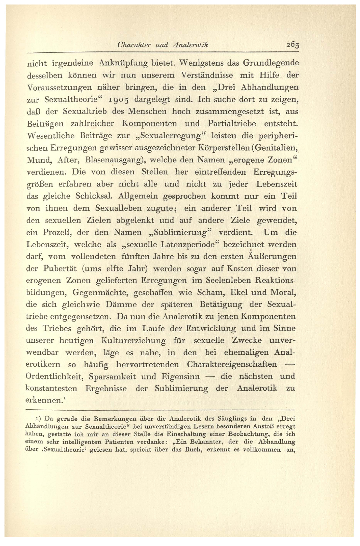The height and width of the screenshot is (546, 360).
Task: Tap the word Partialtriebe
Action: (x=232, y=123)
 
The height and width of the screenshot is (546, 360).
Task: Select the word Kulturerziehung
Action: (x=133, y=341)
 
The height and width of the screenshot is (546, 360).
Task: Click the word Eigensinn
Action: (x=180, y=377)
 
